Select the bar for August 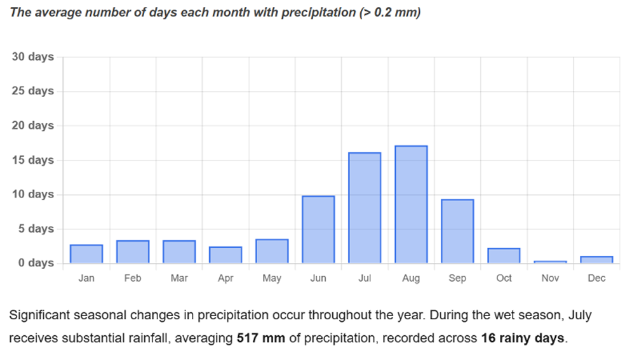coord(411,204)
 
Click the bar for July coord(365,208)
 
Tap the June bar coord(318,229)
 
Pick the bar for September coord(457,231)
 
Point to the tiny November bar coord(550,262)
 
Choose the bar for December coord(596,260)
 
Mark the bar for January coord(86,254)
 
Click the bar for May coord(272,251)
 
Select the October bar coord(504,255)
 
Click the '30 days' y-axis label coord(33,57)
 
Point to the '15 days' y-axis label coord(33,160)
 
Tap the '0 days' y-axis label coord(36,263)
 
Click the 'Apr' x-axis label coord(225,279)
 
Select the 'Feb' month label coord(133,278)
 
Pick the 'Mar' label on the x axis coord(179,278)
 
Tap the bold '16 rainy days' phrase coord(523,338)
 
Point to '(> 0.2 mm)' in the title coord(389,13)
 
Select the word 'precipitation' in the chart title coord(318,13)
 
